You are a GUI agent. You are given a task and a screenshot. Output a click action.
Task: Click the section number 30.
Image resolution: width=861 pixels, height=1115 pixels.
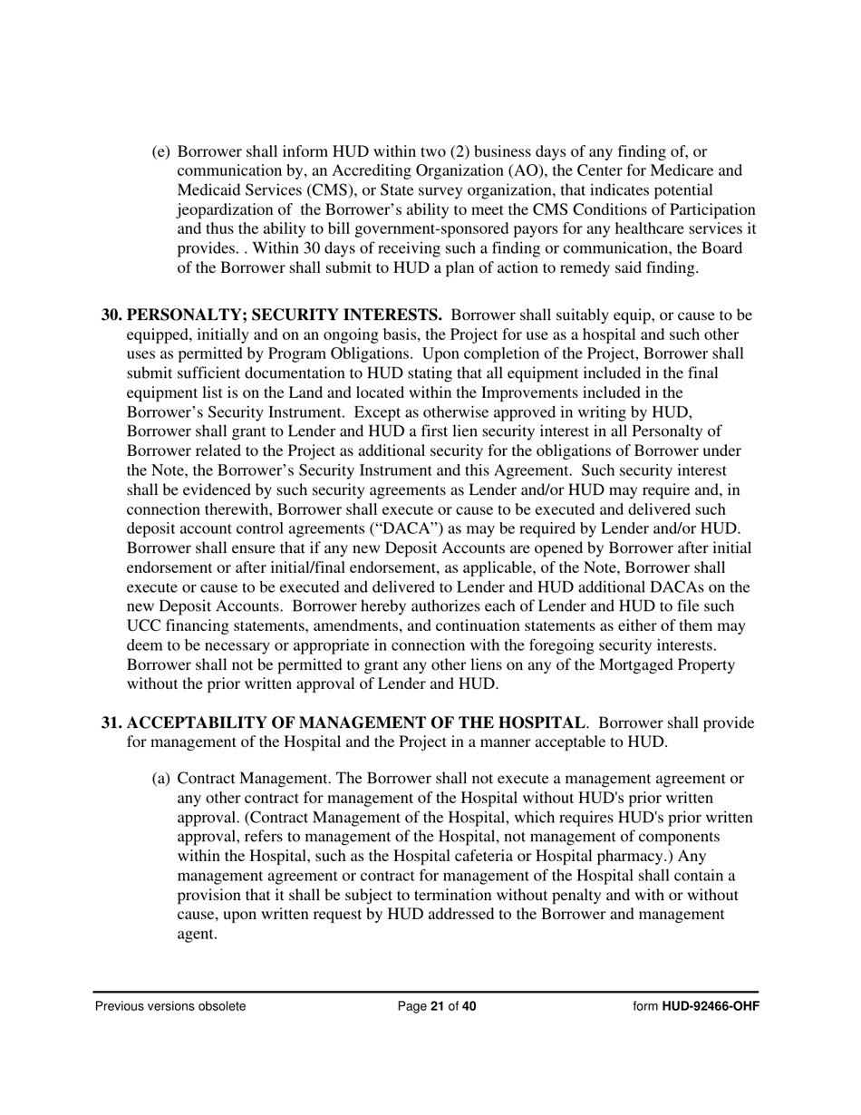click(111, 315)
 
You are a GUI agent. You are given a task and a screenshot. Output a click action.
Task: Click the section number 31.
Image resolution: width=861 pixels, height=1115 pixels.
click(111, 723)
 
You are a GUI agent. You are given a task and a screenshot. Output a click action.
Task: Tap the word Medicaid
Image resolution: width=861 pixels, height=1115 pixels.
click(208, 189)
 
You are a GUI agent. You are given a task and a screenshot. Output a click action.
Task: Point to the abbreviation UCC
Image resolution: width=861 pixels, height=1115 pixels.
click(143, 626)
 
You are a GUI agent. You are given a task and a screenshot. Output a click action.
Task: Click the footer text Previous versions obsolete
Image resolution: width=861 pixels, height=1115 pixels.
click(170, 1006)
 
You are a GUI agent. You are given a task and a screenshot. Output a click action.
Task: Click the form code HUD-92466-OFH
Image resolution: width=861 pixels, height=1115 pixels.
click(711, 1006)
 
